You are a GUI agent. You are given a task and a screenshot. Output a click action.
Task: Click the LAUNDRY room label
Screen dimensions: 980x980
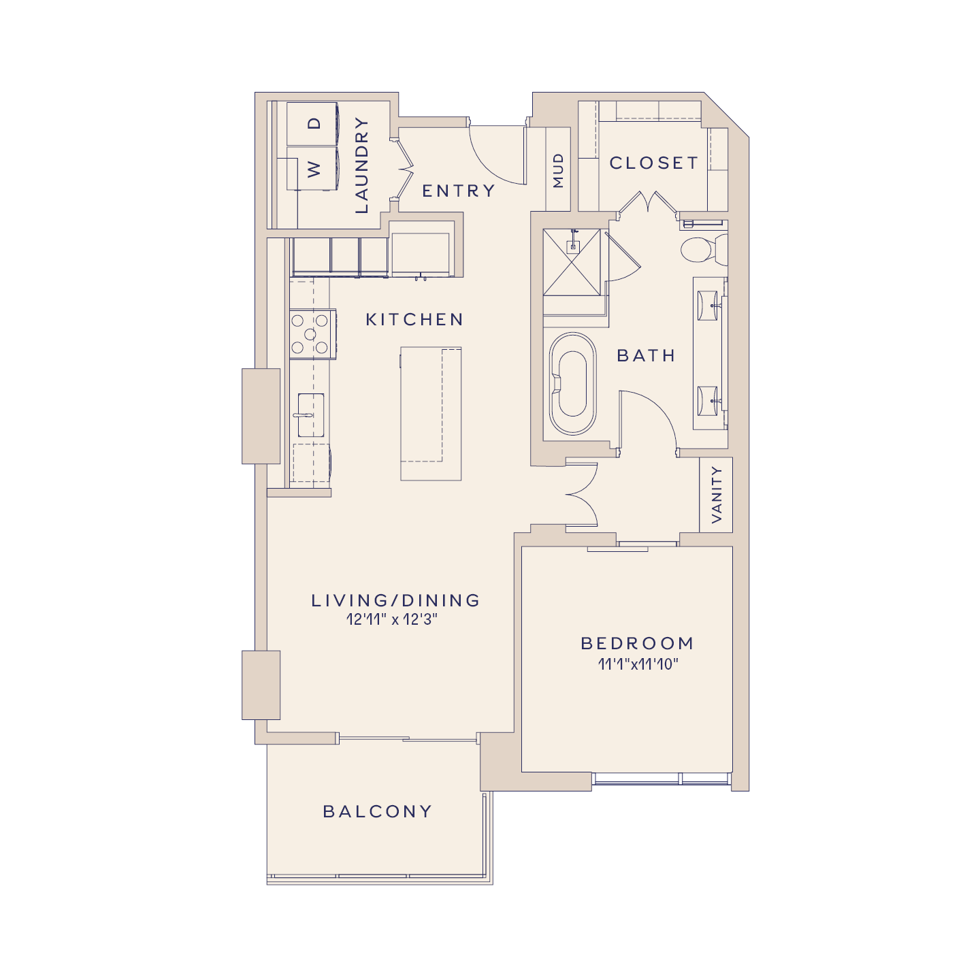[x=361, y=165]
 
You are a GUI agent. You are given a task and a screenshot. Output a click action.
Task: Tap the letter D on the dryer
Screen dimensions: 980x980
[x=314, y=123]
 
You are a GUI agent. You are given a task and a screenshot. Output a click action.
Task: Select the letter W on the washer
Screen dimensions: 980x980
[x=314, y=169]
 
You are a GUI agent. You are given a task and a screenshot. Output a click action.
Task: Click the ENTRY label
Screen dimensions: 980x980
[x=459, y=191]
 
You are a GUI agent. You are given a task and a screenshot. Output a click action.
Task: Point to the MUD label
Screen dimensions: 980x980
[x=559, y=170]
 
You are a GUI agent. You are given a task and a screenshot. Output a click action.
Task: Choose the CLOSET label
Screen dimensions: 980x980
[x=654, y=163]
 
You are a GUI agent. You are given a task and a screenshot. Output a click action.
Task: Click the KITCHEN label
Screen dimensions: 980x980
[x=414, y=320]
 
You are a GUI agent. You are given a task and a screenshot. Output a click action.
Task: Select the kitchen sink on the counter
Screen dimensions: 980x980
[x=310, y=415]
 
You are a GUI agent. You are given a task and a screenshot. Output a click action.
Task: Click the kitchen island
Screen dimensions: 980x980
[x=431, y=413]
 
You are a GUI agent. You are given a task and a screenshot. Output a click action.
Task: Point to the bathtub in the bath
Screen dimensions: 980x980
[x=572, y=384]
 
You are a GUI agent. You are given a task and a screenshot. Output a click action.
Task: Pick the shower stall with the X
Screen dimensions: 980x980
[x=572, y=263]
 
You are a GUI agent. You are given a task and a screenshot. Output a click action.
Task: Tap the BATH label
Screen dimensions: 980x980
[x=646, y=356]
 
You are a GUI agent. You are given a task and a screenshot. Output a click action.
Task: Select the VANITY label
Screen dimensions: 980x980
[x=716, y=495]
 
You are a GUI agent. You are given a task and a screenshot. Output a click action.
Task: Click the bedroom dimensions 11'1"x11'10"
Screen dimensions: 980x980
[x=638, y=664]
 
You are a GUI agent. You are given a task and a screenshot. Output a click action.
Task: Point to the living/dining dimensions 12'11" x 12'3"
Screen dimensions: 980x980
[x=391, y=619]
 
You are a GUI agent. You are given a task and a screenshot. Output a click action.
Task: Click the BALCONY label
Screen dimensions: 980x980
[x=378, y=811]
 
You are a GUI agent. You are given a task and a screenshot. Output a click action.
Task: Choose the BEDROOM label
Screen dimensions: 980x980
[x=638, y=644]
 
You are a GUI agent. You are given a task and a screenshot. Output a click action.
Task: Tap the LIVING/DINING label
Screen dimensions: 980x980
[x=395, y=600]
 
